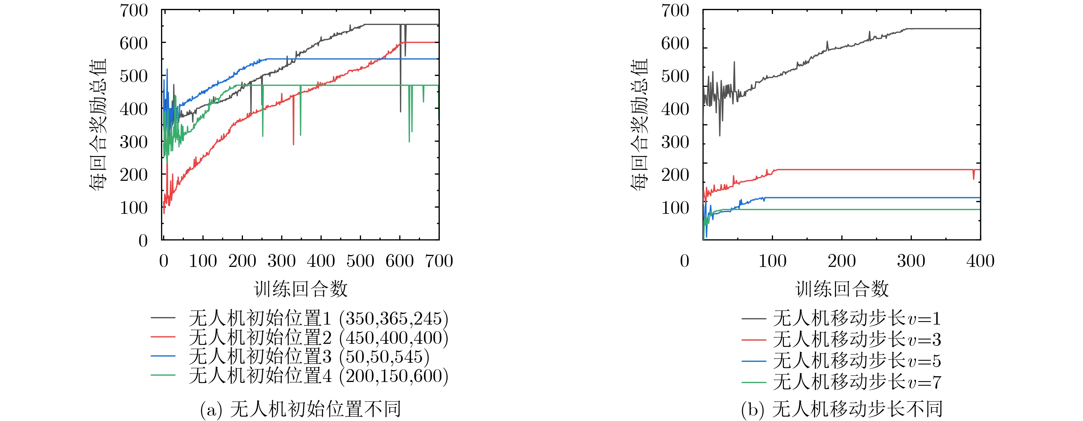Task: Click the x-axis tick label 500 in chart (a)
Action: tap(360, 261)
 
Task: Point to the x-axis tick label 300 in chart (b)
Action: tap(911, 261)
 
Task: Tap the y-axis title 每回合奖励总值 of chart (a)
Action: tap(98, 125)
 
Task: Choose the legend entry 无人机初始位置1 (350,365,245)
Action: tap(318, 318)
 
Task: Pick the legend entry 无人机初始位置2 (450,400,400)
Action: tap(318, 338)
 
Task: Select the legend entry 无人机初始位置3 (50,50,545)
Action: tap(309, 357)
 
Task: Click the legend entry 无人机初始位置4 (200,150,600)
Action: tap(318, 376)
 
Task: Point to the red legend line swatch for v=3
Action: tap(754, 339)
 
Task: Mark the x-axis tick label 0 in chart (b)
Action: tap(684, 261)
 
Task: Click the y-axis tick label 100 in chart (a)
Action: tap(134, 207)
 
